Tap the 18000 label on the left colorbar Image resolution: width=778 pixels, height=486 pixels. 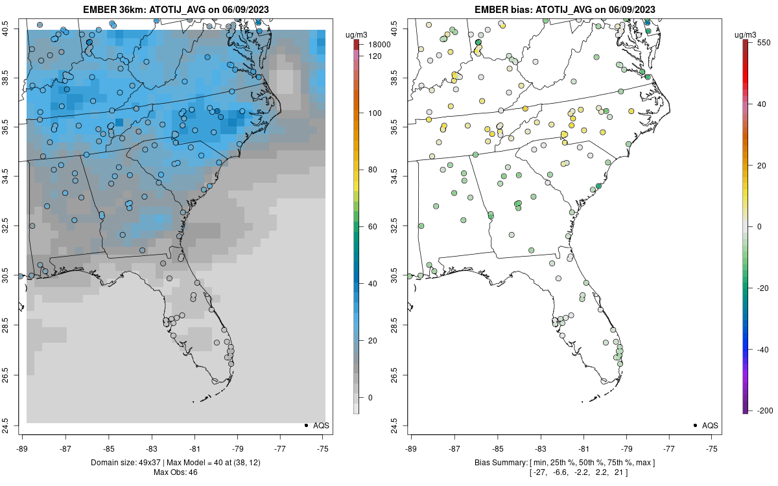tap(379, 45)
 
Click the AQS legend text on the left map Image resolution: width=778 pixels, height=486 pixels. tap(321, 425)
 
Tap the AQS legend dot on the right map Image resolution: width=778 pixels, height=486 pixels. tap(694, 425)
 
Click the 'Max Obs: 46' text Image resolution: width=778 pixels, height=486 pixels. tap(176, 472)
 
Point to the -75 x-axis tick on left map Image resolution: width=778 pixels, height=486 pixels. tap(323, 447)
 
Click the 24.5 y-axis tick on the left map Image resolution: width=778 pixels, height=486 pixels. tap(12, 426)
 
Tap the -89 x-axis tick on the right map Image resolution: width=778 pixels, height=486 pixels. tap(412, 447)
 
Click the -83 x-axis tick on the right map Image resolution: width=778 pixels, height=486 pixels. tap(541, 447)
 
